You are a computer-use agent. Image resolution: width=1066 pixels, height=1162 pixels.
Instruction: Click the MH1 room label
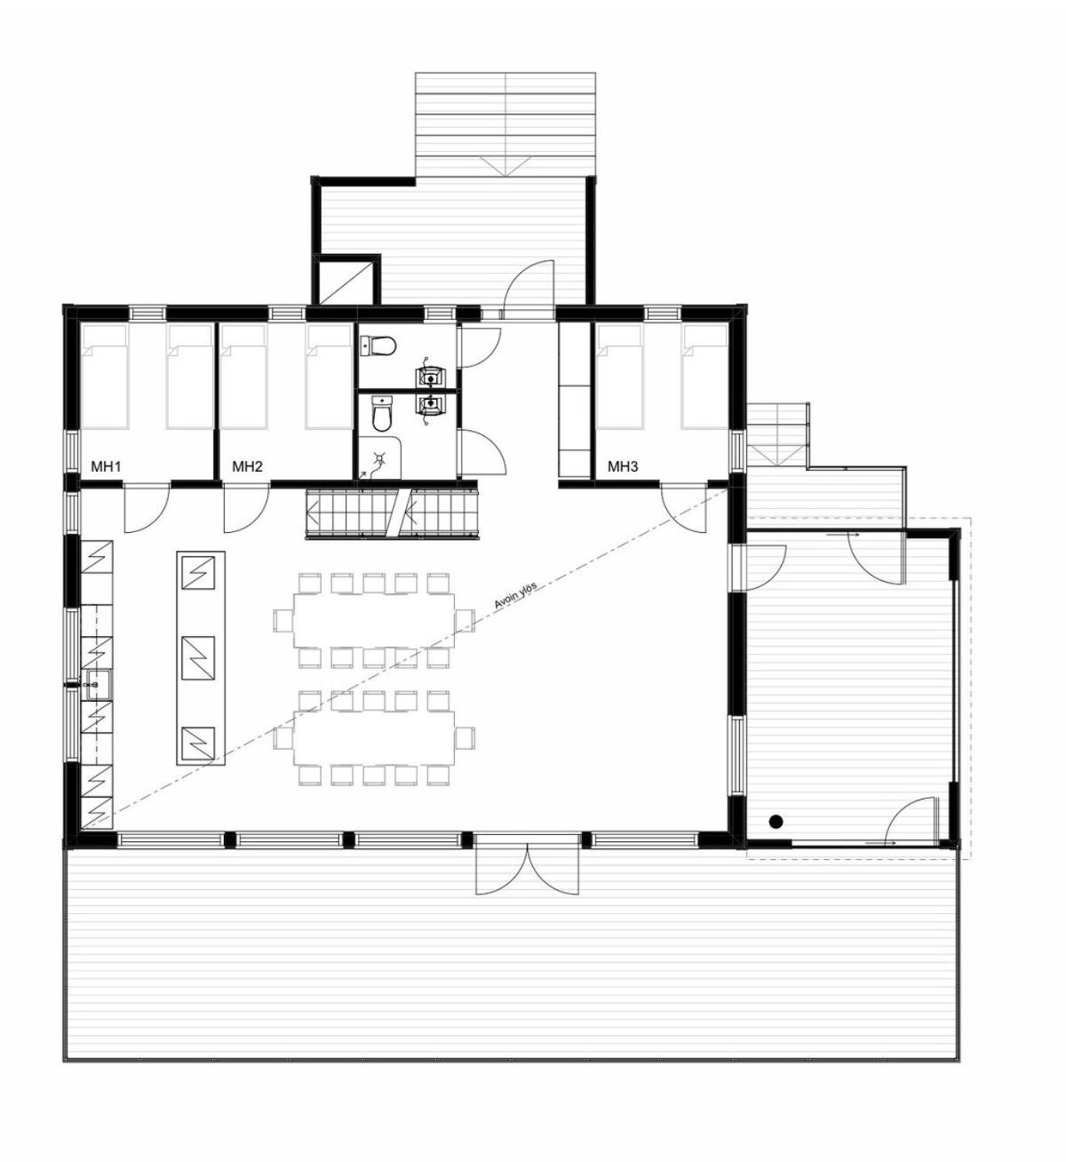tap(106, 466)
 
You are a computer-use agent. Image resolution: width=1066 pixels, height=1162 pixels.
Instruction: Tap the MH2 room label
tap(247, 466)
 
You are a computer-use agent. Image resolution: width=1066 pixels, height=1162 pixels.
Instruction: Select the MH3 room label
tap(623, 466)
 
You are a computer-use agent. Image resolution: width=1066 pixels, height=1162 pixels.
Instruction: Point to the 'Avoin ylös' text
tap(515, 595)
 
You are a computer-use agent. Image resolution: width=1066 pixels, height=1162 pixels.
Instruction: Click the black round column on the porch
tap(776, 821)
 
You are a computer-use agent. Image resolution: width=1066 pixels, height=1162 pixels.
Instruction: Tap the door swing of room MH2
tap(246, 508)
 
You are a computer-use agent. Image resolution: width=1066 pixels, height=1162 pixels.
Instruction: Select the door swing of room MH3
tap(686, 508)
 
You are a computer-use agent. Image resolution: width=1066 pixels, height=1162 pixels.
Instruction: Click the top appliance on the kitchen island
tap(198, 572)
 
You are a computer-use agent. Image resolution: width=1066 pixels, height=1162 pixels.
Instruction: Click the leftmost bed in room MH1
tap(104, 377)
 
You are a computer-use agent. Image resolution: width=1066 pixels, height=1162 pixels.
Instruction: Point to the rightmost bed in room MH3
tap(704, 377)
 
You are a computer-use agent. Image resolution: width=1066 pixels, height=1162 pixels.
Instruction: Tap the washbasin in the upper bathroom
tap(429, 377)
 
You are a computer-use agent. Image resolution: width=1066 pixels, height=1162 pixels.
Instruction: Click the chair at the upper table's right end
tap(465, 620)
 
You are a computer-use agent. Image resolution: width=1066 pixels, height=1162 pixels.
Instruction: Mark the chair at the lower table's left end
tap(284, 738)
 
